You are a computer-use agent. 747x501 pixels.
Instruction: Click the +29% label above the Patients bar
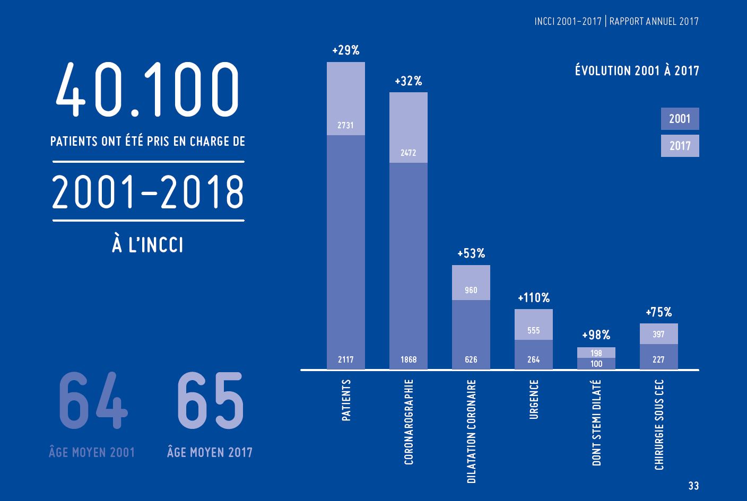pyautogui.click(x=345, y=51)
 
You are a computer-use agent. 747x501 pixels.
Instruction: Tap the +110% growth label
pyautogui.click(x=534, y=298)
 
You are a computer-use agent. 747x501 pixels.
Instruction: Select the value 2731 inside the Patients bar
pyautogui.click(x=345, y=126)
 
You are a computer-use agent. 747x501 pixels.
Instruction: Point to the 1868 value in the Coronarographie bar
pyautogui.click(x=409, y=359)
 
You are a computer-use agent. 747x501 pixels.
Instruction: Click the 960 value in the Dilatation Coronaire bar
pyautogui.click(x=471, y=290)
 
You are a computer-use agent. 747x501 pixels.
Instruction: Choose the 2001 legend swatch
pyautogui.click(x=680, y=119)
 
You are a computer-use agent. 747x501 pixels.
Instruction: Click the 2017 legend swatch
pyautogui.click(x=680, y=146)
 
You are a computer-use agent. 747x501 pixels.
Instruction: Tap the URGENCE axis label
pyautogui.click(x=534, y=399)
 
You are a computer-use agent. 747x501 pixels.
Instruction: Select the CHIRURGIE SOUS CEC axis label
pyautogui.click(x=659, y=425)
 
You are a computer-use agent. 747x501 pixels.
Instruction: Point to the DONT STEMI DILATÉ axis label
pyautogui.click(x=597, y=423)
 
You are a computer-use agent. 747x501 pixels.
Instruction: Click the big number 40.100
pyautogui.click(x=147, y=90)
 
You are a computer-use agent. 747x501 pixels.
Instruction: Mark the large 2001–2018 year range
pyautogui.click(x=148, y=191)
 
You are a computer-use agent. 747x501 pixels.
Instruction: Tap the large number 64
pyautogui.click(x=92, y=401)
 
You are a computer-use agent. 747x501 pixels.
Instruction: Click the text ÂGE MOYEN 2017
pyautogui.click(x=210, y=452)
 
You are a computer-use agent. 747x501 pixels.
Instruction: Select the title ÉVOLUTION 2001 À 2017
pyautogui.click(x=637, y=71)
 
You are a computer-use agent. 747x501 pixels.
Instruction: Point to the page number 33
pyautogui.click(x=693, y=486)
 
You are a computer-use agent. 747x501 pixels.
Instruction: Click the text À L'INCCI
pyautogui.click(x=147, y=245)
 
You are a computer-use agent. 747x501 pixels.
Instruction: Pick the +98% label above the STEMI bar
pyautogui.click(x=596, y=335)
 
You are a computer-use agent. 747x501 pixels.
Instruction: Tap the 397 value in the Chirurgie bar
pyautogui.click(x=659, y=334)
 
